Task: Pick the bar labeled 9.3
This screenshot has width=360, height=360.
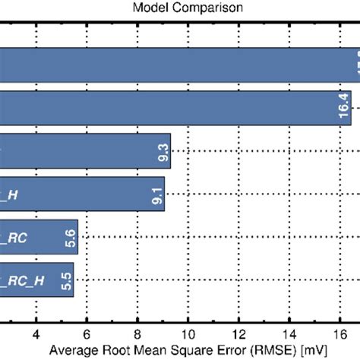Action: click(84, 151)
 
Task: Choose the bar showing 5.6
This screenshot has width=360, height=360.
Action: click(38, 236)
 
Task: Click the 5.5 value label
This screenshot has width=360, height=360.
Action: click(66, 279)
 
